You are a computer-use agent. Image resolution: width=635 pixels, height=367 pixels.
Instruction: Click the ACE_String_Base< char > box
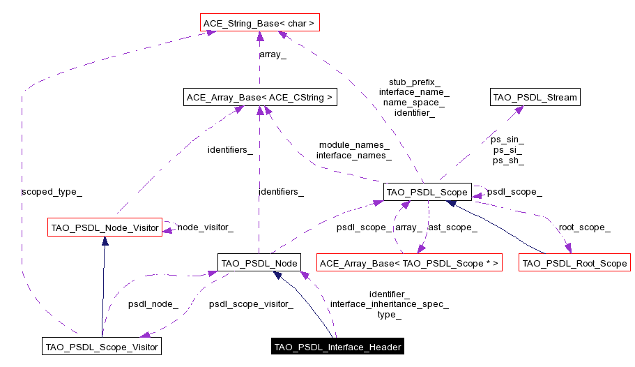259,24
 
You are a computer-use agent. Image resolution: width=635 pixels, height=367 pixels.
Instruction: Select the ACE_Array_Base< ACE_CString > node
259,97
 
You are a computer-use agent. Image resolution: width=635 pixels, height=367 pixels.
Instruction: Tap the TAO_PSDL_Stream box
535,97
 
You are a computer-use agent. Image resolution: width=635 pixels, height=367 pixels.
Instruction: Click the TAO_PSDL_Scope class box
426,191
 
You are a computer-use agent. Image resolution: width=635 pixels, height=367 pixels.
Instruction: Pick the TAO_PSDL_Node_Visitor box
105,227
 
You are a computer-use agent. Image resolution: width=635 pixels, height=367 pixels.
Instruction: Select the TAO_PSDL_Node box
259,263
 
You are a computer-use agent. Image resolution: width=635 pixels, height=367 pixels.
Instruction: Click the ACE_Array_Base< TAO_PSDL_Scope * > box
409,263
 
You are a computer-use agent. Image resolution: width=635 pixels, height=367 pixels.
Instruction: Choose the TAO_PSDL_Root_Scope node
574,263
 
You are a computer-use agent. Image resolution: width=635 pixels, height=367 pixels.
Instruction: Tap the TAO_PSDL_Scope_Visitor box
102,346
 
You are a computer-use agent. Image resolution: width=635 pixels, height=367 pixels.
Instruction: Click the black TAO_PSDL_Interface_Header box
337,346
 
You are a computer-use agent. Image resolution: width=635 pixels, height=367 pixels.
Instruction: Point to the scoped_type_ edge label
47,190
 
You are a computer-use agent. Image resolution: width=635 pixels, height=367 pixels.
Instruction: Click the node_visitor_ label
205,227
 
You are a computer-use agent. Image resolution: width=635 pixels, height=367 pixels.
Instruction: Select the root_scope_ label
584,227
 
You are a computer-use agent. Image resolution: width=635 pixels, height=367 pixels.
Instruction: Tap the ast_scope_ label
452,227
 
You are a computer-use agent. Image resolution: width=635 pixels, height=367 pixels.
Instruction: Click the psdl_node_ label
153,304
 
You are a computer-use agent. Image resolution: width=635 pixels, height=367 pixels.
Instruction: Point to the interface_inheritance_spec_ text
389,304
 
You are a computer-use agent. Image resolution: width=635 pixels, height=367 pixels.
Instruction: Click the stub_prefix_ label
414,82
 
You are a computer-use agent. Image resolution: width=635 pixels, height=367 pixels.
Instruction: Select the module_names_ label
353,145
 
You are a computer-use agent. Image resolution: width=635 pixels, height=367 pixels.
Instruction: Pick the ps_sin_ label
507,140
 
